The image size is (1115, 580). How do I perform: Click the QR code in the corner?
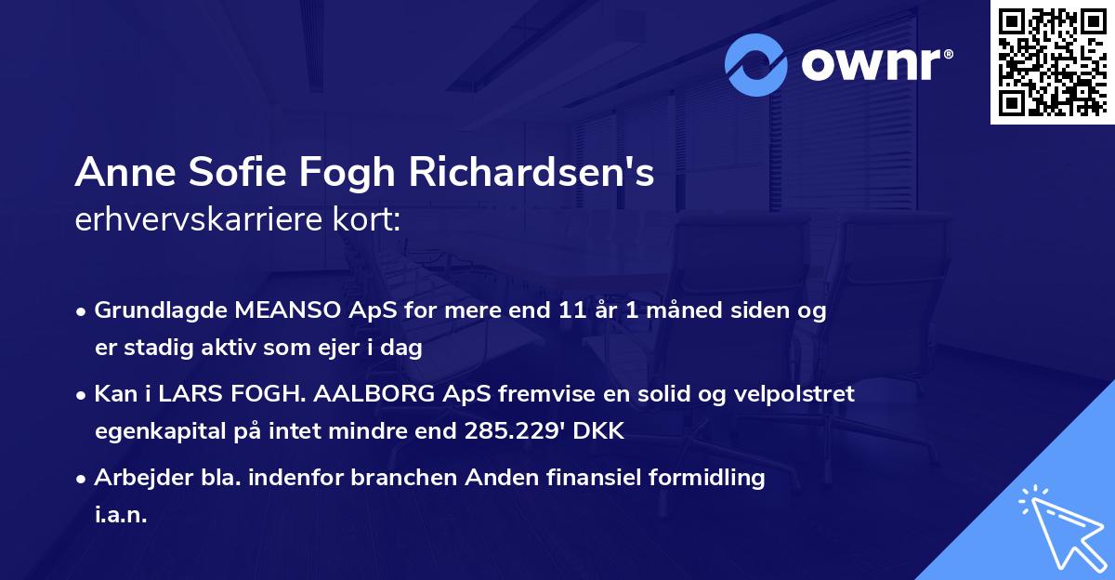[1051, 61]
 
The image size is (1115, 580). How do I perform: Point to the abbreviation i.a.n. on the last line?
[121, 516]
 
